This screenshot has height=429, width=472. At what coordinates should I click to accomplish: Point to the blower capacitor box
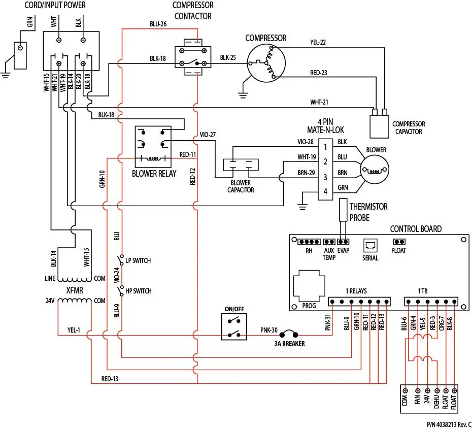(241, 166)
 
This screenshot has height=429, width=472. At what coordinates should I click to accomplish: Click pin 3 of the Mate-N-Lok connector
(325, 178)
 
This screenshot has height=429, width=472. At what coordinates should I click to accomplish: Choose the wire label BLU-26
(158, 24)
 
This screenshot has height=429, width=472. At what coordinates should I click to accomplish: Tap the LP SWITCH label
(138, 260)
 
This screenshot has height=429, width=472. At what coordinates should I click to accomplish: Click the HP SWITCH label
(138, 291)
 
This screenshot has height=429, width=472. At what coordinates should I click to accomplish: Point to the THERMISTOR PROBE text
(368, 212)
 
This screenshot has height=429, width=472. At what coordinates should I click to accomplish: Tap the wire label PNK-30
(268, 330)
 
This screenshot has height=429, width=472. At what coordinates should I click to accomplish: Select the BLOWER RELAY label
(154, 174)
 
